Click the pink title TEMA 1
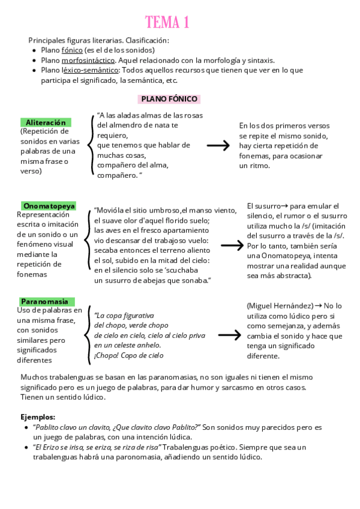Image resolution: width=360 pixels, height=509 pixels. (167, 23)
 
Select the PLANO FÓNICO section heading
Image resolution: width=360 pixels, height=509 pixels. (169, 99)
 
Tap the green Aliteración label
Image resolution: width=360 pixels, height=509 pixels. (46, 122)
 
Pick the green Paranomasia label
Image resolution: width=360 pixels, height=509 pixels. (46, 301)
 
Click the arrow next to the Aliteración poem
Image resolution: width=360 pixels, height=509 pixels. (218, 146)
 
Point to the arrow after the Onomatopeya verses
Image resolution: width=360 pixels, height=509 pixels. (232, 245)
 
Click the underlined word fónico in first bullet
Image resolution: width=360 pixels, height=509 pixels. (72, 50)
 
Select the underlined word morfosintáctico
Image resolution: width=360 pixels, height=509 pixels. (88, 60)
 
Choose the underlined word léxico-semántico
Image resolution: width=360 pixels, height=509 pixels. (89, 70)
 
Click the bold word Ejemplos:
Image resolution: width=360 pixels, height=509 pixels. (38, 417)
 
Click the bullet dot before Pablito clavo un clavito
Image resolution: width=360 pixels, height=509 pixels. (25, 427)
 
